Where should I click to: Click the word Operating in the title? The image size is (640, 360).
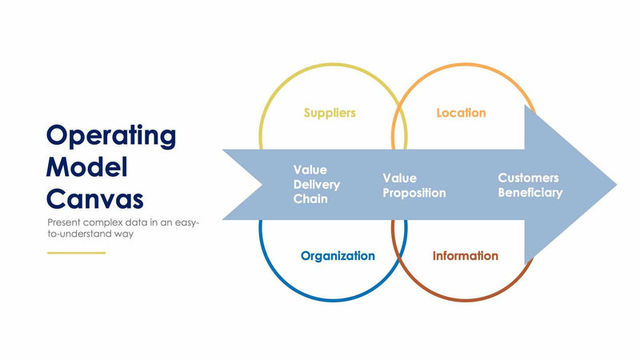(x=110, y=136)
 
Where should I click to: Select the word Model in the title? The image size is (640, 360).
(x=87, y=167)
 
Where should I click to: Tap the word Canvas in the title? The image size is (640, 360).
(x=95, y=198)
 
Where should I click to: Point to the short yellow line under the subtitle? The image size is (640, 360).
(x=76, y=253)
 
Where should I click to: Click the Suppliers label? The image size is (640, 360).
(x=330, y=113)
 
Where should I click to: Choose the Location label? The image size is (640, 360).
(x=461, y=113)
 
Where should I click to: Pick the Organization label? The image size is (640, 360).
(x=338, y=256)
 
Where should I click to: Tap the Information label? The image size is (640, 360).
(x=465, y=256)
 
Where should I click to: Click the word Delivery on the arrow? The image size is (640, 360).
(x=317, y=185)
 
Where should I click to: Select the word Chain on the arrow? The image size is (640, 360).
(x=310, y=198)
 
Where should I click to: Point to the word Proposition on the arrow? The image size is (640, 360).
(x=414, y=193)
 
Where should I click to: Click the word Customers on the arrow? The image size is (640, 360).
(x=528, y=178)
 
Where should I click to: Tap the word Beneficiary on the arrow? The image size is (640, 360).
(x=530, y=192)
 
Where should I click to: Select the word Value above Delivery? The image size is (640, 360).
(x=310, y=170)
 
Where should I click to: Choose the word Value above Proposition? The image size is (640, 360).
(x=399, y=178)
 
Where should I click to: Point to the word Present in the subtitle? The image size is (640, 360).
(x=65, y=222)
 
